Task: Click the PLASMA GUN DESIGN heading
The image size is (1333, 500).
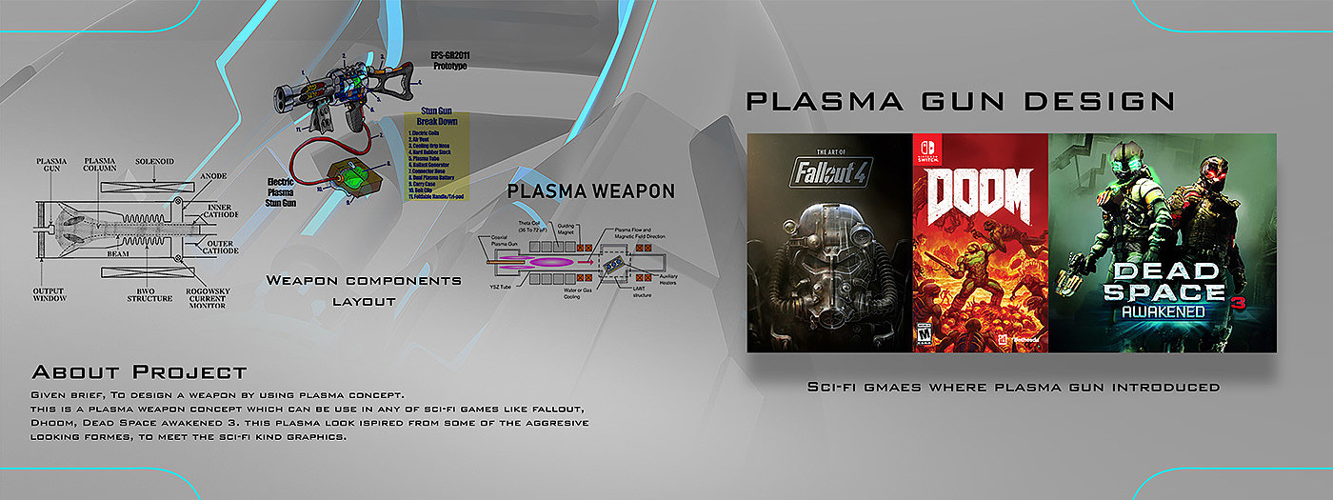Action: (960, 101)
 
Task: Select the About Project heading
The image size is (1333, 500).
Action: (139, 371)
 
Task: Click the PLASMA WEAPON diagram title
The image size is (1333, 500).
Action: (590, 190)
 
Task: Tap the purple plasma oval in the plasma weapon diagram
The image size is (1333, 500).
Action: (539, 259)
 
